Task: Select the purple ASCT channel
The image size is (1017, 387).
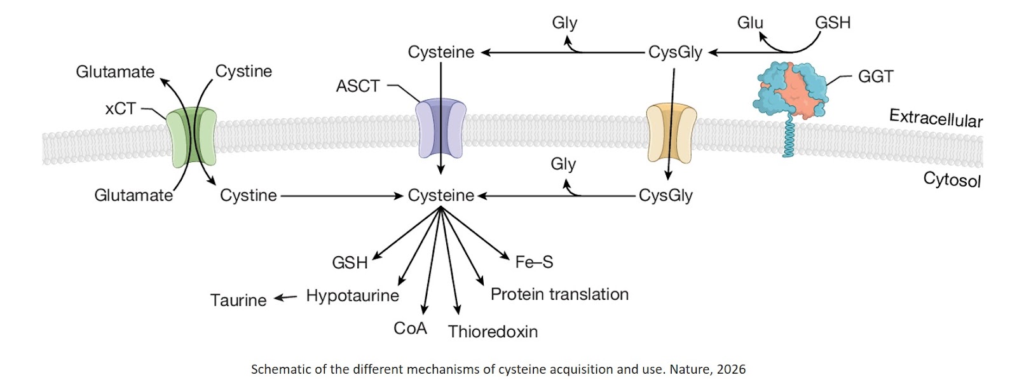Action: tap(440, 129)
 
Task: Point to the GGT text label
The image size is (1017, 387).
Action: tap(875, 77)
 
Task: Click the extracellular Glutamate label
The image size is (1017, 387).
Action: tap(115, 72)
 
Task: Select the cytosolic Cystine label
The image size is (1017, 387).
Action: tap(248, 196)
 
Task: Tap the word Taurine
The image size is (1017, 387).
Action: tap(238, 300)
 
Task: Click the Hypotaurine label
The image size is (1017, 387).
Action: tap(352, 295)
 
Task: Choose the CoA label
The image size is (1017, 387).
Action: tap(410, 329)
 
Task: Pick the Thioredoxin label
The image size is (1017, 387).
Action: tap(493, 332)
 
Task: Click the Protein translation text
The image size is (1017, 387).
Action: tap(559, 294)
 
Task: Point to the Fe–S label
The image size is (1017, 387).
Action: tap(534, 262)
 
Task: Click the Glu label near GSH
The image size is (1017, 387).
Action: tap(749, 23)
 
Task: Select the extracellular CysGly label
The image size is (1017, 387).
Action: tap(675, 52)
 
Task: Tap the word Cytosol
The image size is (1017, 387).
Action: tap(952, 180)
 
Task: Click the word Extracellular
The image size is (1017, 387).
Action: tap(936, 118)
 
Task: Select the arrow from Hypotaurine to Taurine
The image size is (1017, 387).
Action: tap(285, 297)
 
